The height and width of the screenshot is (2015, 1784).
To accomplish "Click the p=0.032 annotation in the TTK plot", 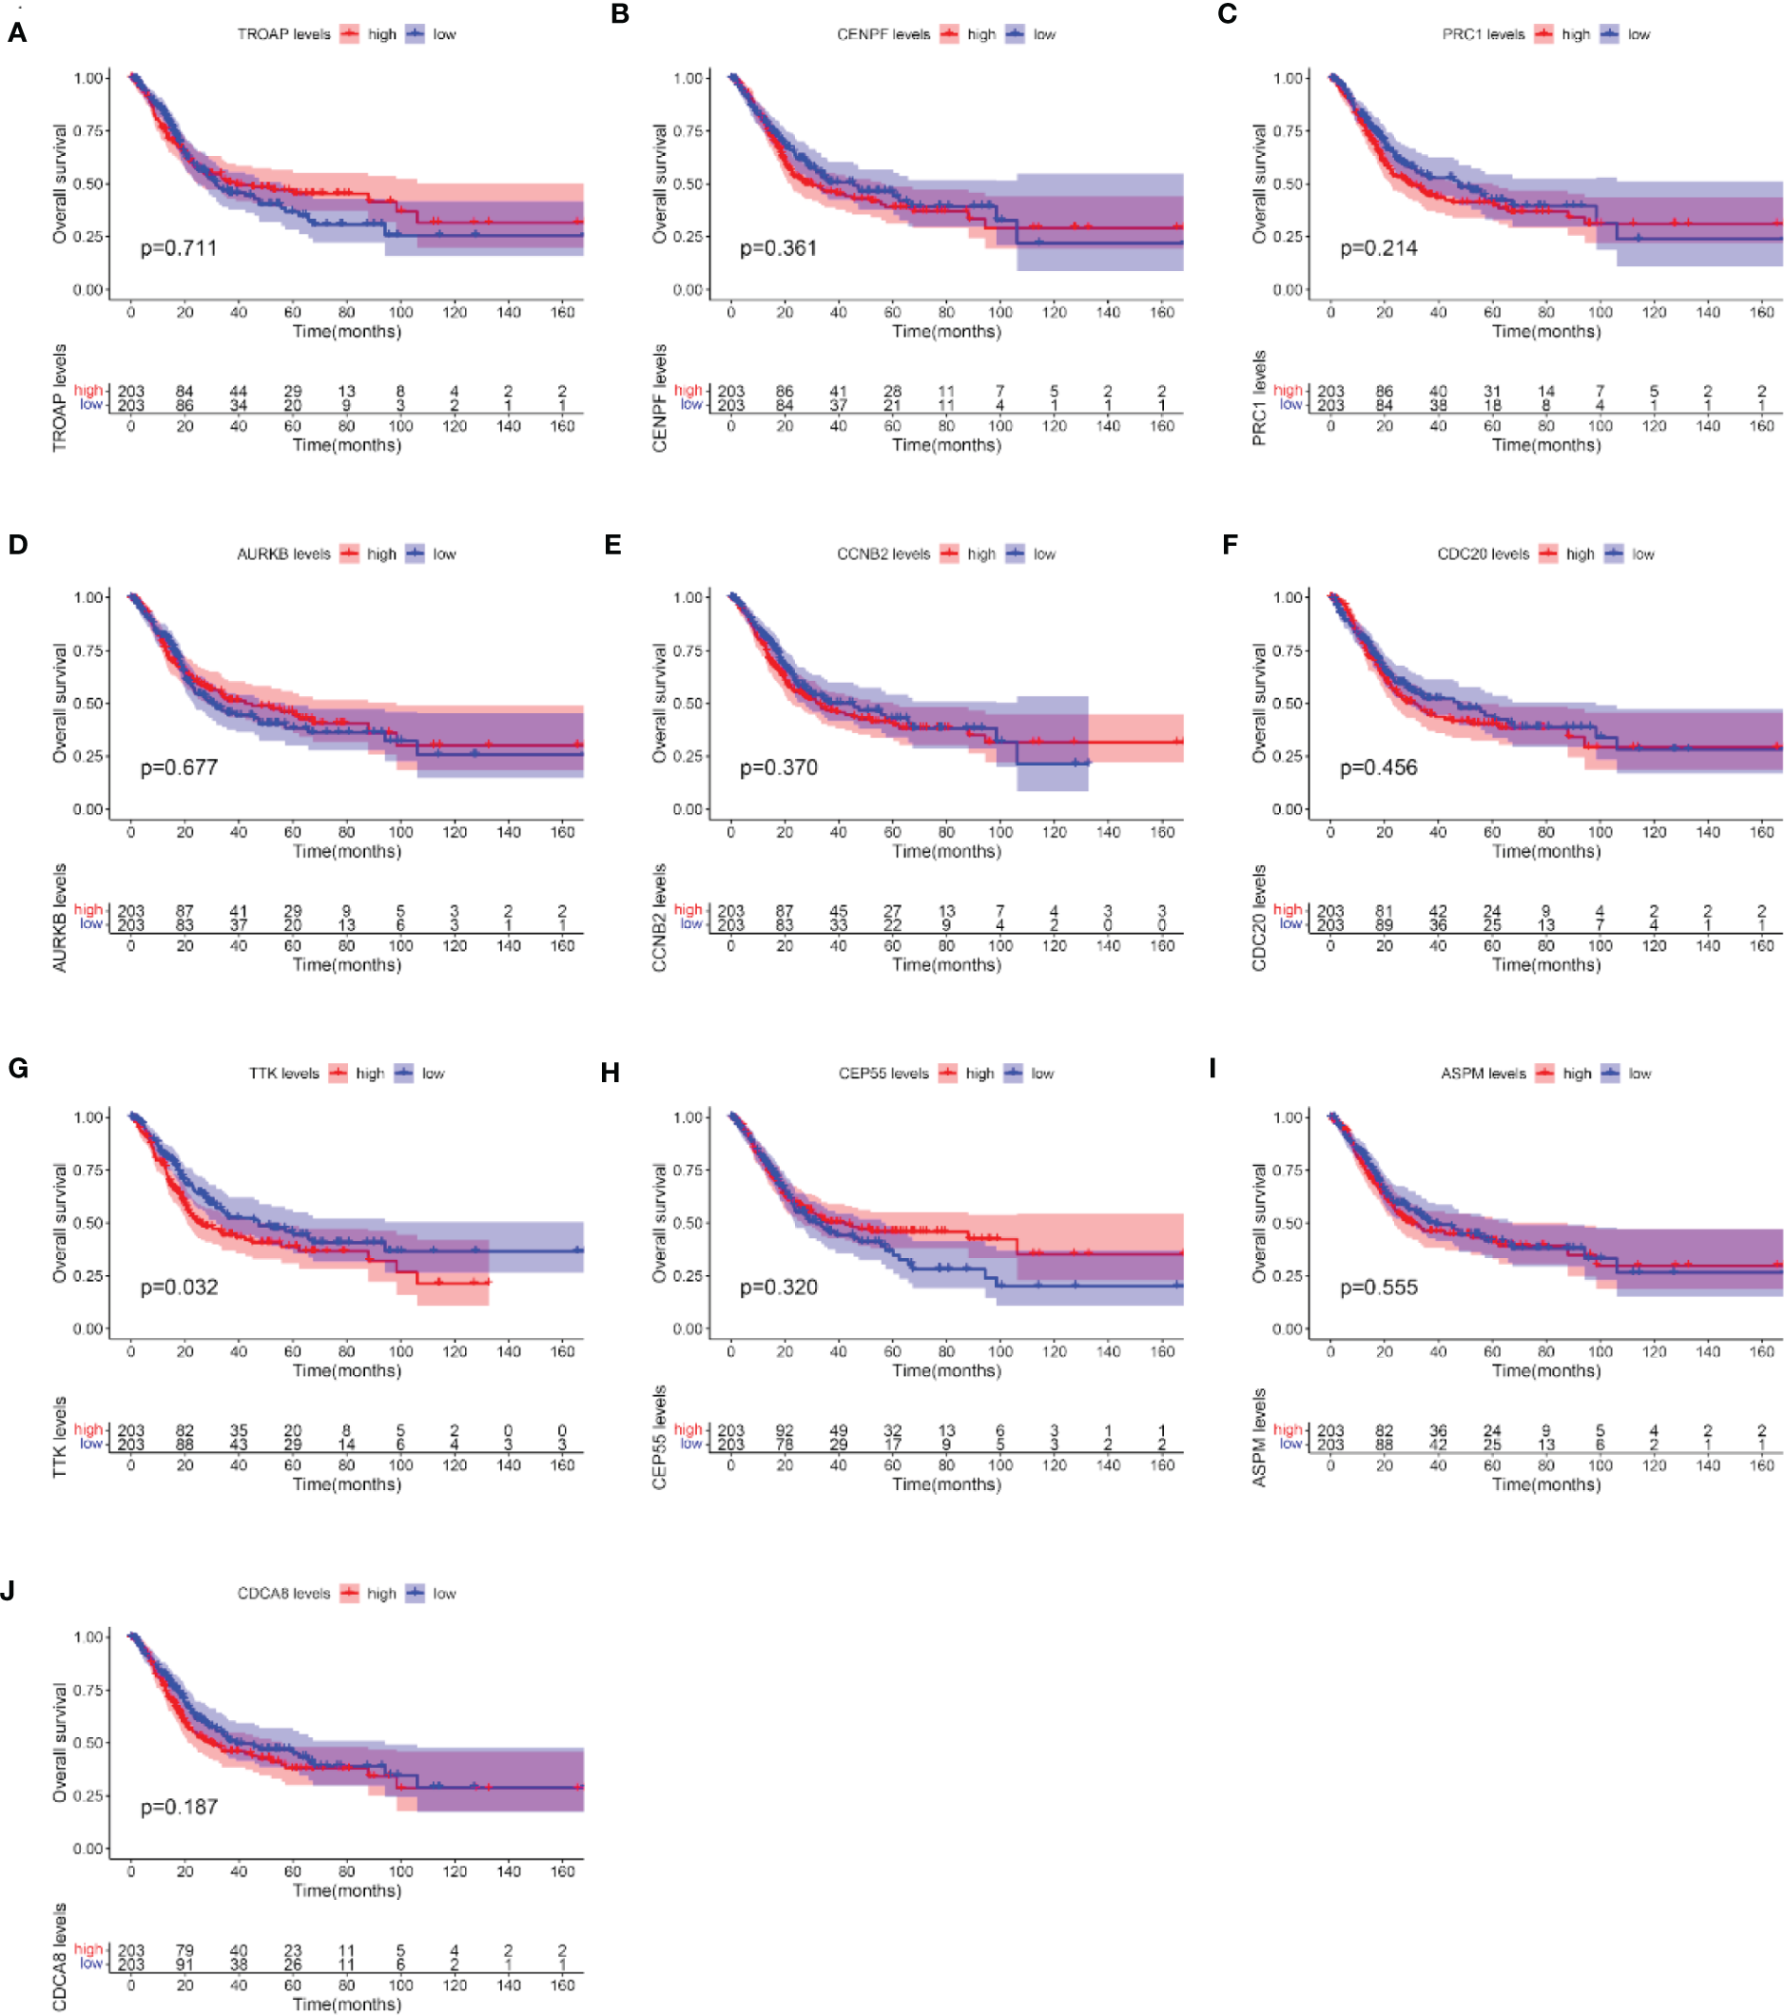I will pos(179,1287).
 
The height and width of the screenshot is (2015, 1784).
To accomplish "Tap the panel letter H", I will pos(611,1073).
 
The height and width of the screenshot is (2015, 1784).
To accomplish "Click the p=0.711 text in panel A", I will pos(179,248).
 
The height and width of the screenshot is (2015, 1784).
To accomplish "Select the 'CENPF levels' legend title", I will pos(883,34).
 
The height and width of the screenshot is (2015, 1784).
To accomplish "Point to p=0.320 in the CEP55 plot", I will pos(779,1287).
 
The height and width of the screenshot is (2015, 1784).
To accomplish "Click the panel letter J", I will pos(9,1592).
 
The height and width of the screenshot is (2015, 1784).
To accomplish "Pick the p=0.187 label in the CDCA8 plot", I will pos(179,1806).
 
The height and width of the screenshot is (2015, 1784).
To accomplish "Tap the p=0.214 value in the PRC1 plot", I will pos(1378,248).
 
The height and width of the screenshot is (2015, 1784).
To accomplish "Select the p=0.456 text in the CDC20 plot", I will pos(1378,767).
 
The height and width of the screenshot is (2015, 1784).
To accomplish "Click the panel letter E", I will pos(613,545).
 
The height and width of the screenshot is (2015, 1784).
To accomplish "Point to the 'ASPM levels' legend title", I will pos(1483,1074).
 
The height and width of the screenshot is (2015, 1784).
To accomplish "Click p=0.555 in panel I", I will pos(1378,1287).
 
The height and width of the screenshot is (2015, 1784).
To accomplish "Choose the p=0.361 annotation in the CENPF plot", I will pos(779,248).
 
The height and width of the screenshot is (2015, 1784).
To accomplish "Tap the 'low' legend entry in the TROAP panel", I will pos(444,34).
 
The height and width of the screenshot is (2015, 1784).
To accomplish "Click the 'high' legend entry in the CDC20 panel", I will pos(1579,554).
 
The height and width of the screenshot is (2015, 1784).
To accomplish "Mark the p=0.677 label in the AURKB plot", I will pos(179,767).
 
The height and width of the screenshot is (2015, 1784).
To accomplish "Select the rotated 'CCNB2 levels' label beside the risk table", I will pos(659,918).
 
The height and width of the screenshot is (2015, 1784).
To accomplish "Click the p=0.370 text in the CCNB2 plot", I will pos(779,767).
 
